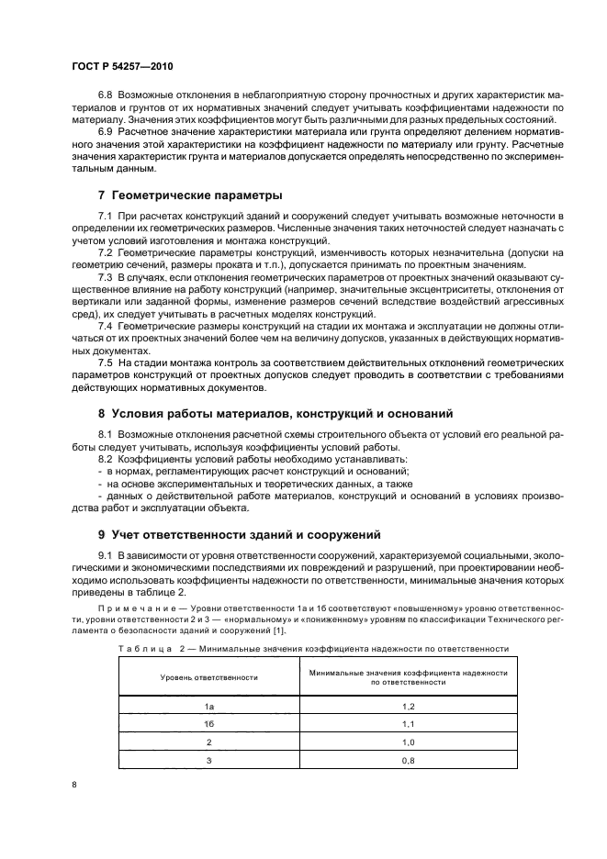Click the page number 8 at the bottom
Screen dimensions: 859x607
[x=73, y=786]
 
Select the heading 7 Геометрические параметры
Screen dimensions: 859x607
[x=189, y=195]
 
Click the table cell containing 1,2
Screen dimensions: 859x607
[x=409, y=707]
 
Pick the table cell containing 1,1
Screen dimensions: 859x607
[x=409, y=724]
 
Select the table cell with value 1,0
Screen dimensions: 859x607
[x=409, y=742]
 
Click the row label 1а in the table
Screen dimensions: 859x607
[x=208, y=707]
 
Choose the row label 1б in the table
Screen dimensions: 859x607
[x=208, y=724]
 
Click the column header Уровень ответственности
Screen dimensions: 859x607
[x=208, y=677]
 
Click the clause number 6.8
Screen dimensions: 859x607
[x=106, y=95]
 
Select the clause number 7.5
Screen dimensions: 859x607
[x=106, y=363]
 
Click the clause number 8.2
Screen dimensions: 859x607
[x=106, y=457]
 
